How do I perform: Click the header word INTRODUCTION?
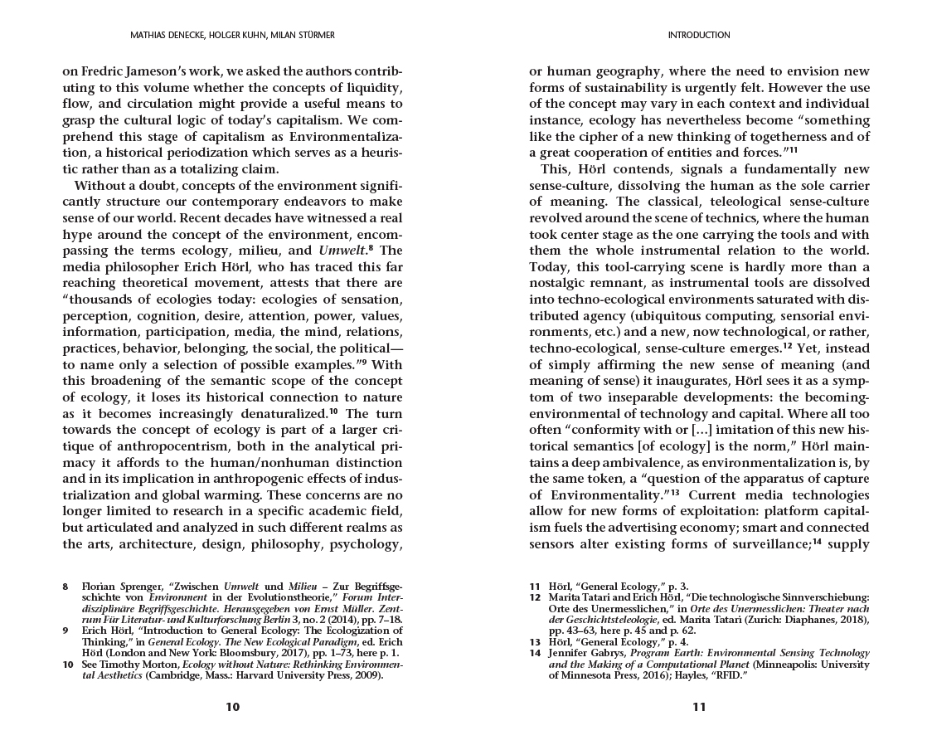698,36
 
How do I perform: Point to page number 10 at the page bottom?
232,707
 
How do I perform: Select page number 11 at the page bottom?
698,707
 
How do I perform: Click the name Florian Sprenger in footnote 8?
118,587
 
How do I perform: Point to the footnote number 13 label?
535,642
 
